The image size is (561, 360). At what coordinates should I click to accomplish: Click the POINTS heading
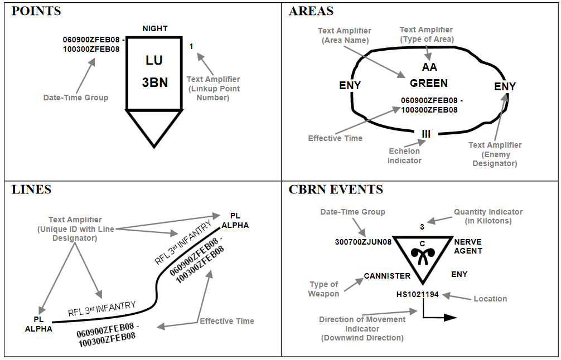pyautogui.click(x=36, y=11)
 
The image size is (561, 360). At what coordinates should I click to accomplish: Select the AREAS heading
pyautogui.click(x=311, y=11)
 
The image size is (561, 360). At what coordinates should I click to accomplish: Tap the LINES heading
pyautogui.click(x=31, y=189)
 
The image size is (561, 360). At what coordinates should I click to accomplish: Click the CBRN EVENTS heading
pyautogui.click(x=336, y=189)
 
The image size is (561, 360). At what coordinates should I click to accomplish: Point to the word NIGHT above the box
pyautogui.click(x=154, y=28)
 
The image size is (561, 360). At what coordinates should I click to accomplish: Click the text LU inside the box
pyautogui.click(x=154, y=60)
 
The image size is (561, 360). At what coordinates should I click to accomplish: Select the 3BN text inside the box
pyautogui.click(x=154, y=82)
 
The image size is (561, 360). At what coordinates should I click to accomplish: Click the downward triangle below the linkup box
pyautogui.click(x=154, y=126)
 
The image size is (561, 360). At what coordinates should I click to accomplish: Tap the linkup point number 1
pyautogui.click(x=191, y=47)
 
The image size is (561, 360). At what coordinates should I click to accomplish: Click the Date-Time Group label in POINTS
pyautogui.click(x=76, y=98)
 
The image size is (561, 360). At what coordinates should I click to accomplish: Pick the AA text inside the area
pyautogui.click(x=429, y=67)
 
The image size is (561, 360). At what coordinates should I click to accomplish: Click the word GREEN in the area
pyautogui.click(x=429, y=84)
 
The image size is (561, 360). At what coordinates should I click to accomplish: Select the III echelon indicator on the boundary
pyautogui.click(x=426, y=133)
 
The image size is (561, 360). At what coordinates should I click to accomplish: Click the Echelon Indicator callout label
pyautogui.click(x=405, y=155)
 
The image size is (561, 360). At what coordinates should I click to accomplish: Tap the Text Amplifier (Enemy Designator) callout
pyautogui.click(x=495, y=154)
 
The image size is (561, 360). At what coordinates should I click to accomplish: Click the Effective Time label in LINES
pyautogui.click(x=227, y=321)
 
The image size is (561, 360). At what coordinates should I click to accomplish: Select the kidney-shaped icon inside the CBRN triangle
pyautogui.click(x=422, y=255)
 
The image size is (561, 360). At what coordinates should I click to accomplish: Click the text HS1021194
pyautogui.click(x=418, y=294)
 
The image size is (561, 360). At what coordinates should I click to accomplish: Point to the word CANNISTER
pyautogui.click(x=387, y=276)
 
